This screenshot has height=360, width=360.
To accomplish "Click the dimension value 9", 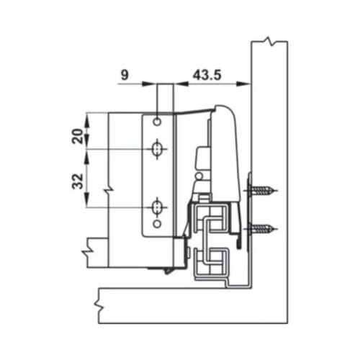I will [125, 73].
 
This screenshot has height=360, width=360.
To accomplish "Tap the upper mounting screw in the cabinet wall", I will [264, 192].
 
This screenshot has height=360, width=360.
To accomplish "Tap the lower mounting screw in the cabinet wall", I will [264, 230].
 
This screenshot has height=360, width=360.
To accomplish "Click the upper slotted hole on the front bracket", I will [156, 149].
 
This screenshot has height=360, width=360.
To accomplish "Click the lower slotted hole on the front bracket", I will [156, 207].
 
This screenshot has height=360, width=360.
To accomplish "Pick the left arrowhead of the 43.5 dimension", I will [179, 84].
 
